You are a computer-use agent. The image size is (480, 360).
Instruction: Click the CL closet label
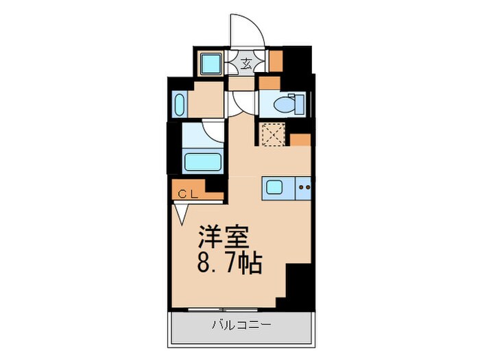188,194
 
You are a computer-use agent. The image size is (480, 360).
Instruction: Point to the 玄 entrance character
246,65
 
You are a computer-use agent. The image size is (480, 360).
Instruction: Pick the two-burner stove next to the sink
304,187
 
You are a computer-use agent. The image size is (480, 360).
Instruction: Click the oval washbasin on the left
178,106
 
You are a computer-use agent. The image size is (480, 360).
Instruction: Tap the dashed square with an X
272,133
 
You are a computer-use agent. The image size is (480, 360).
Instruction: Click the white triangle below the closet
181,214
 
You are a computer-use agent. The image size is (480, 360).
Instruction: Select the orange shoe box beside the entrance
275,61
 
